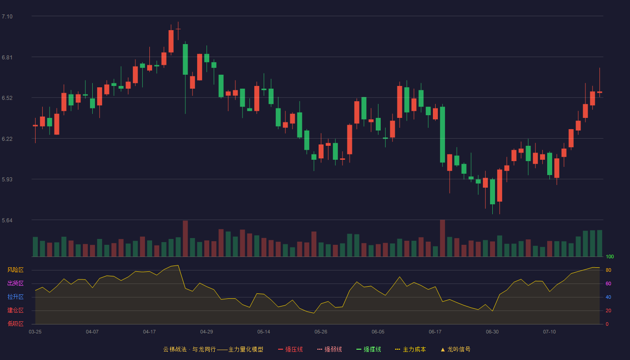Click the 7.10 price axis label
[x=7, y=17]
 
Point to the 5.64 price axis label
[x=7, y=220]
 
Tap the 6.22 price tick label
[x=7, y=139]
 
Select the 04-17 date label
[x=149, y=332]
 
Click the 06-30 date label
[x=492, y=332]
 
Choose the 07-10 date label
[x=549, y=332]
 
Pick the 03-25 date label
[x=35, y=332]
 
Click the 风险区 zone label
[x=15, y=270]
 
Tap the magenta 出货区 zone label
[x=15, y=283]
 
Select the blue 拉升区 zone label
[x=15, y=297]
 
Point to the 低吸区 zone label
[x=15, y=324]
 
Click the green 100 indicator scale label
[x=610, y=256]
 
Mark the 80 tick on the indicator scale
[x=608, y=270]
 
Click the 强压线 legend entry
[x=290, y=349]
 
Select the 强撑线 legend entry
[x=369, y=349]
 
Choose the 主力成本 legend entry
[x=410, y=349]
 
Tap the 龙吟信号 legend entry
[x=455, y=349]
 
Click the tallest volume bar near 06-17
[x=442, y=238]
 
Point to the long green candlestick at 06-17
[x=442, y=135]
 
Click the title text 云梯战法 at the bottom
[x=175, y=349]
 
